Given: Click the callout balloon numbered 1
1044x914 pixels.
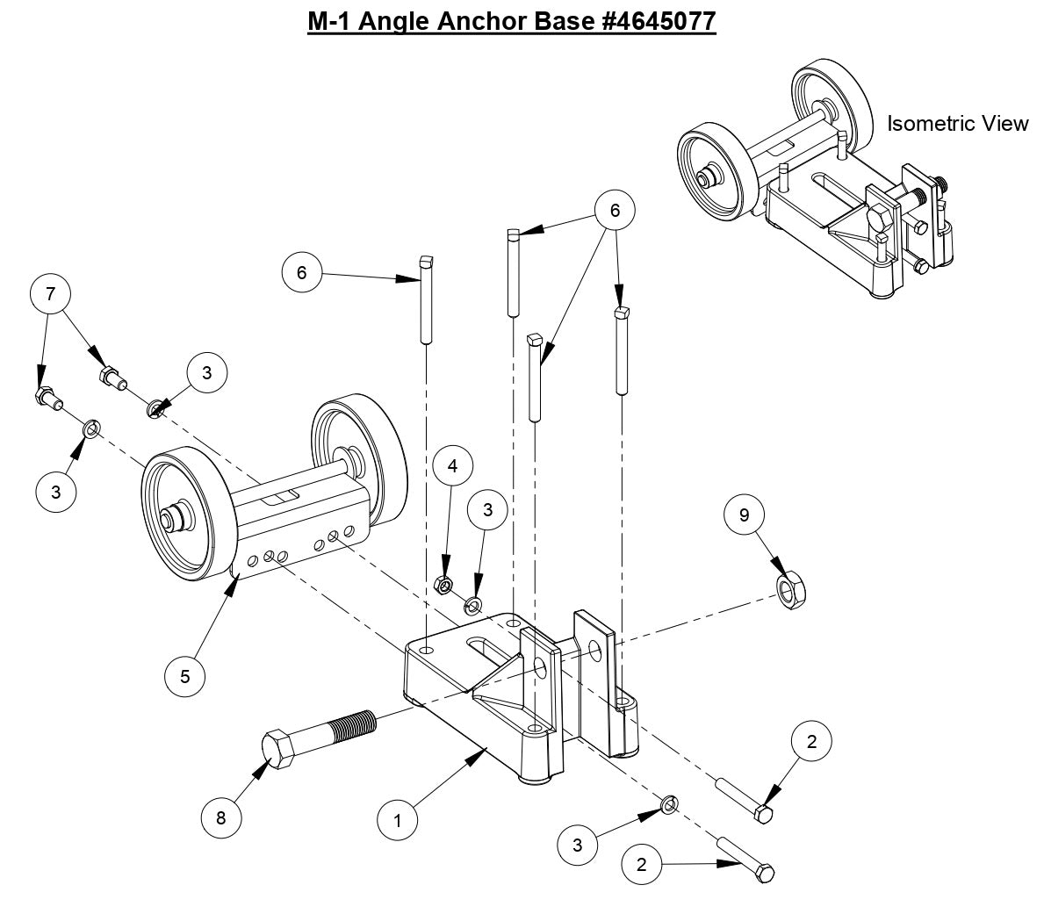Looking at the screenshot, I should point(398,821).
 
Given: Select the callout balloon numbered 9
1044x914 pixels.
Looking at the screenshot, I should point(745,515).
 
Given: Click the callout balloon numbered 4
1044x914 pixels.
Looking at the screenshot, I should point(452,467).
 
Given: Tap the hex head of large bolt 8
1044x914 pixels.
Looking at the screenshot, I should point(284,749).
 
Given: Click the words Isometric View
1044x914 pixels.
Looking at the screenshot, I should point(956,124).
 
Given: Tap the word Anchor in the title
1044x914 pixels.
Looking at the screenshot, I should point(497,20).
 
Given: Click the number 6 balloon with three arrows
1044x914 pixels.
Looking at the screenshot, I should point(615,211).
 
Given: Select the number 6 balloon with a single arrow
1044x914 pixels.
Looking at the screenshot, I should point(302,272).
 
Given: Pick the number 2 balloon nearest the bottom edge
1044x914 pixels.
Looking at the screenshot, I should point(643,864).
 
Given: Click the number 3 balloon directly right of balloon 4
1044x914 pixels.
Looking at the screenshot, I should point(489,509).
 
